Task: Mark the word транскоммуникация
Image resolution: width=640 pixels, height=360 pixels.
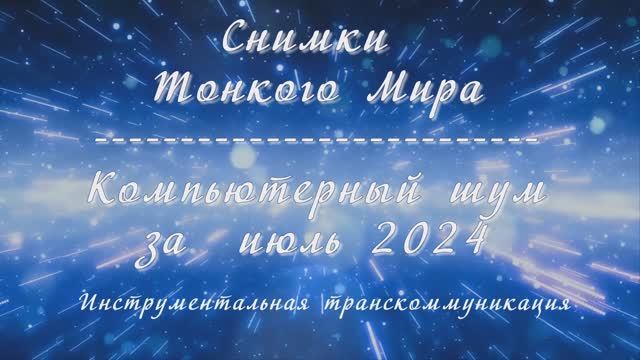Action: click(444, 302)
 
